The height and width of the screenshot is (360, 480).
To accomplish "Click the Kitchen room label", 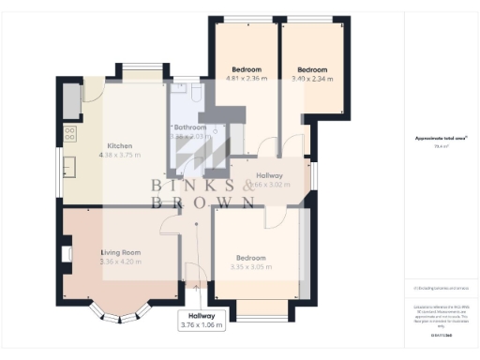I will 119,146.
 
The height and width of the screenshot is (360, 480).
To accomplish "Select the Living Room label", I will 120,252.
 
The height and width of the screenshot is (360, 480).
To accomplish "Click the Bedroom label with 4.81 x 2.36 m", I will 247,69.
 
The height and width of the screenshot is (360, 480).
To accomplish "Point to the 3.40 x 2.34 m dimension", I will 312,80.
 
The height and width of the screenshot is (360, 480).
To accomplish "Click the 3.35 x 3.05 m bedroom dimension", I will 250,267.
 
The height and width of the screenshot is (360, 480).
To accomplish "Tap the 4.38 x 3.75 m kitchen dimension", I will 119,156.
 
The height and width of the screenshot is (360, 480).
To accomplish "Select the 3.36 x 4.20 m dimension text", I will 120,262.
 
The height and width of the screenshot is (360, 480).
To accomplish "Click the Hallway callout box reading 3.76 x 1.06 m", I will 202,320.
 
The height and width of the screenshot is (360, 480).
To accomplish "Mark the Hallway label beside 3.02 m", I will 269,175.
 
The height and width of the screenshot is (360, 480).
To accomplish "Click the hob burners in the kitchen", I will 71,96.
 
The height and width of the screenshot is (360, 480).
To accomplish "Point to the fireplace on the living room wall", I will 65,254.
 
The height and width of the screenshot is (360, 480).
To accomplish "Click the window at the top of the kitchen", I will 143,67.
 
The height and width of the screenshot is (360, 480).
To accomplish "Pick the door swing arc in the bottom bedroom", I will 276,217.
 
